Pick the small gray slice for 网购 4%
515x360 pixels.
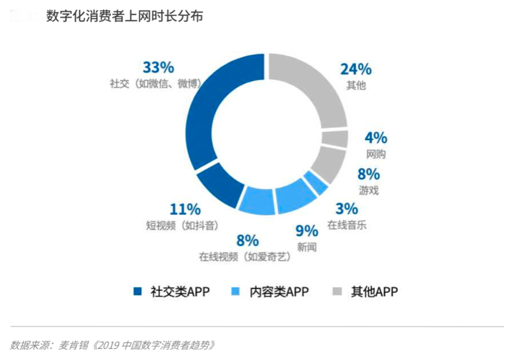[x=336, y=139]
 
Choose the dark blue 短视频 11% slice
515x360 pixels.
[x=219, y=184]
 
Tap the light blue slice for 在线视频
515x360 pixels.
[x=257, y=201]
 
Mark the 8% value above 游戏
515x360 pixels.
[x=368, y=175]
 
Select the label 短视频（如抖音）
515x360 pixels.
[x=182, y=225]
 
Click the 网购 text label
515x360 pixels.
[x=376, y=154]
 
